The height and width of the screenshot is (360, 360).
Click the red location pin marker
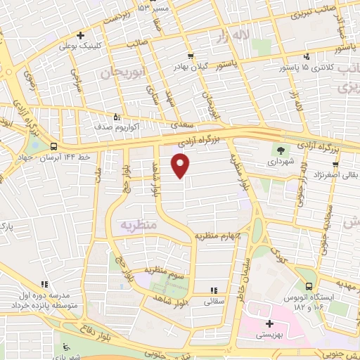pos(181,165)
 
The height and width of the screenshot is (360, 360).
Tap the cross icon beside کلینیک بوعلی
pos(81,34)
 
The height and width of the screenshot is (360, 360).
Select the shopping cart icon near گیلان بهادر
pos(191,56)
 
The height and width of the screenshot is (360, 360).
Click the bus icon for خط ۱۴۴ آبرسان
pos(55,146)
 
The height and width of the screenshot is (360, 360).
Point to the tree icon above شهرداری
pos(281,150)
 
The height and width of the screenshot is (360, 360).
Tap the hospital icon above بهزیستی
pos(269,324)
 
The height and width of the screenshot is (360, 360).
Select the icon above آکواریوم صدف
pos(117,117)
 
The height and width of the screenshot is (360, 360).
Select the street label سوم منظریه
pos(163,269)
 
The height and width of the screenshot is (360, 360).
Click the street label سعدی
pos(181,124)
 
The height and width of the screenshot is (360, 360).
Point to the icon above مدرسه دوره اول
pos(44,285)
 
